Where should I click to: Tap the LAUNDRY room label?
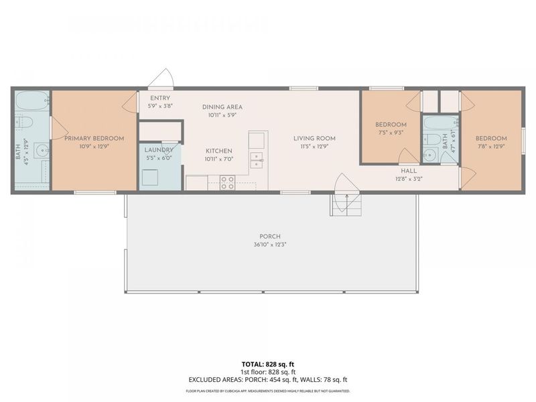point(159,151)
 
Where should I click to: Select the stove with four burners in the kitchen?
point(227,183)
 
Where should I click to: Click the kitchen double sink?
point(257,159)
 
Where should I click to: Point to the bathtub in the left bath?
point(31,103)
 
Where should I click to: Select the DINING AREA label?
point(222,107)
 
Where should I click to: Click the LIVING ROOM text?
point(314,138)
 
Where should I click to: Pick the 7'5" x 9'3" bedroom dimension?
point(390,133)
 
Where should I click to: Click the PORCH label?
point(271,236)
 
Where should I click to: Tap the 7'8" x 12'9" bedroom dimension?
point(492,147)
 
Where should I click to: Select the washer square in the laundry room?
point(150,178)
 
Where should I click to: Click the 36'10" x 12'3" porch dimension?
point(271,244)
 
